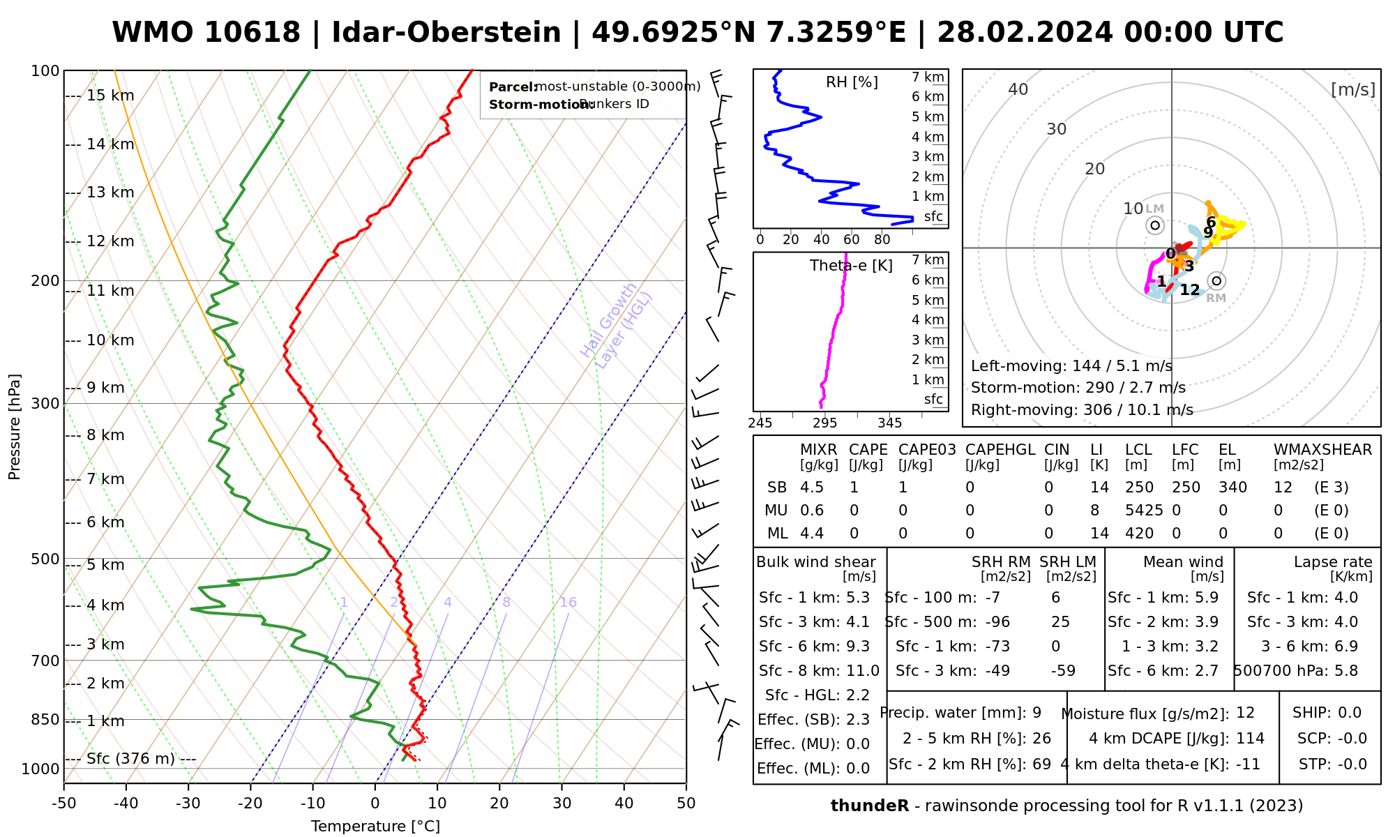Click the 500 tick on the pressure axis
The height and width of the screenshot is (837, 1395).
tap(45, 559)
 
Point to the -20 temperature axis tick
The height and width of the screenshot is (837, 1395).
tap(250, 804)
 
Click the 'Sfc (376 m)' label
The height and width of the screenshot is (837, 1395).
tap(130, 759)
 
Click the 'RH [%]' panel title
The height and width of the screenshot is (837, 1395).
tap(852, 82)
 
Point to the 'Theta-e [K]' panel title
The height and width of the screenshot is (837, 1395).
tap(851, 266)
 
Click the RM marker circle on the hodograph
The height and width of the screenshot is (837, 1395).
tap(1217, 281)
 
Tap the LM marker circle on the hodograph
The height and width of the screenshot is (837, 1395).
tap(1155, 225)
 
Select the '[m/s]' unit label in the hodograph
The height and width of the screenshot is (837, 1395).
tap(1353, 90)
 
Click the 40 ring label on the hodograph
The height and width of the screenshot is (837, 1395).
tap(1018, 89)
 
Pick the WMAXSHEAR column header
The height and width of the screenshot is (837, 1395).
tap(1322, 450)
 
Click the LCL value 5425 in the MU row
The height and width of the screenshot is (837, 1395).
tap(1144, 511)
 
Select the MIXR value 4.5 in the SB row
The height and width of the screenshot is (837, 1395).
tap(812, 488)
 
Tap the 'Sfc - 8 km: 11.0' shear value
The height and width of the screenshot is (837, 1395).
tap(819, 671)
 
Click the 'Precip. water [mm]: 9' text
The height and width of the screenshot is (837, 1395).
tap(960, 713)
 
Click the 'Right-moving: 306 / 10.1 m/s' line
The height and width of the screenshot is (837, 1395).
tap(1082, 410)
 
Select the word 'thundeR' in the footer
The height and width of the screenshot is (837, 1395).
tap(870, 806)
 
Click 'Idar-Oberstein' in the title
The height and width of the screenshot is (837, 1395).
tap(446, 33)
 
